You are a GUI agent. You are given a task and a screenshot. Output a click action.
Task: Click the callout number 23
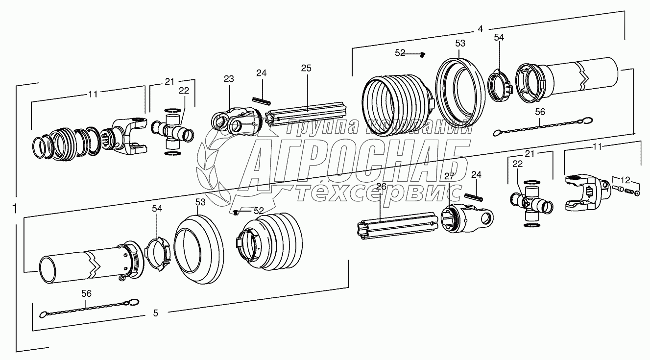click(229, 79)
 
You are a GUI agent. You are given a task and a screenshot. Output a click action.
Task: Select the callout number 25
click(306, 68)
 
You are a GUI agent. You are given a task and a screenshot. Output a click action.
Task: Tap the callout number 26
click(381, 186)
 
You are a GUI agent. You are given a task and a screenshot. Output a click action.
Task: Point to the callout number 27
click(449, 176)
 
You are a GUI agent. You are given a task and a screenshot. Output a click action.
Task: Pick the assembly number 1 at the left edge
click(15, 209)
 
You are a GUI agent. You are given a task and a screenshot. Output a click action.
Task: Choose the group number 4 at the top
click(481, 29)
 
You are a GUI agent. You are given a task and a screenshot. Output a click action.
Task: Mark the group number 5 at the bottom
click(155, 313)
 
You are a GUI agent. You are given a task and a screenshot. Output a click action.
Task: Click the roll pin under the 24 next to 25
click(262, 100)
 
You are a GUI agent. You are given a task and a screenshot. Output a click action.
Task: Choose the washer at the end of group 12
click(637, 192)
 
